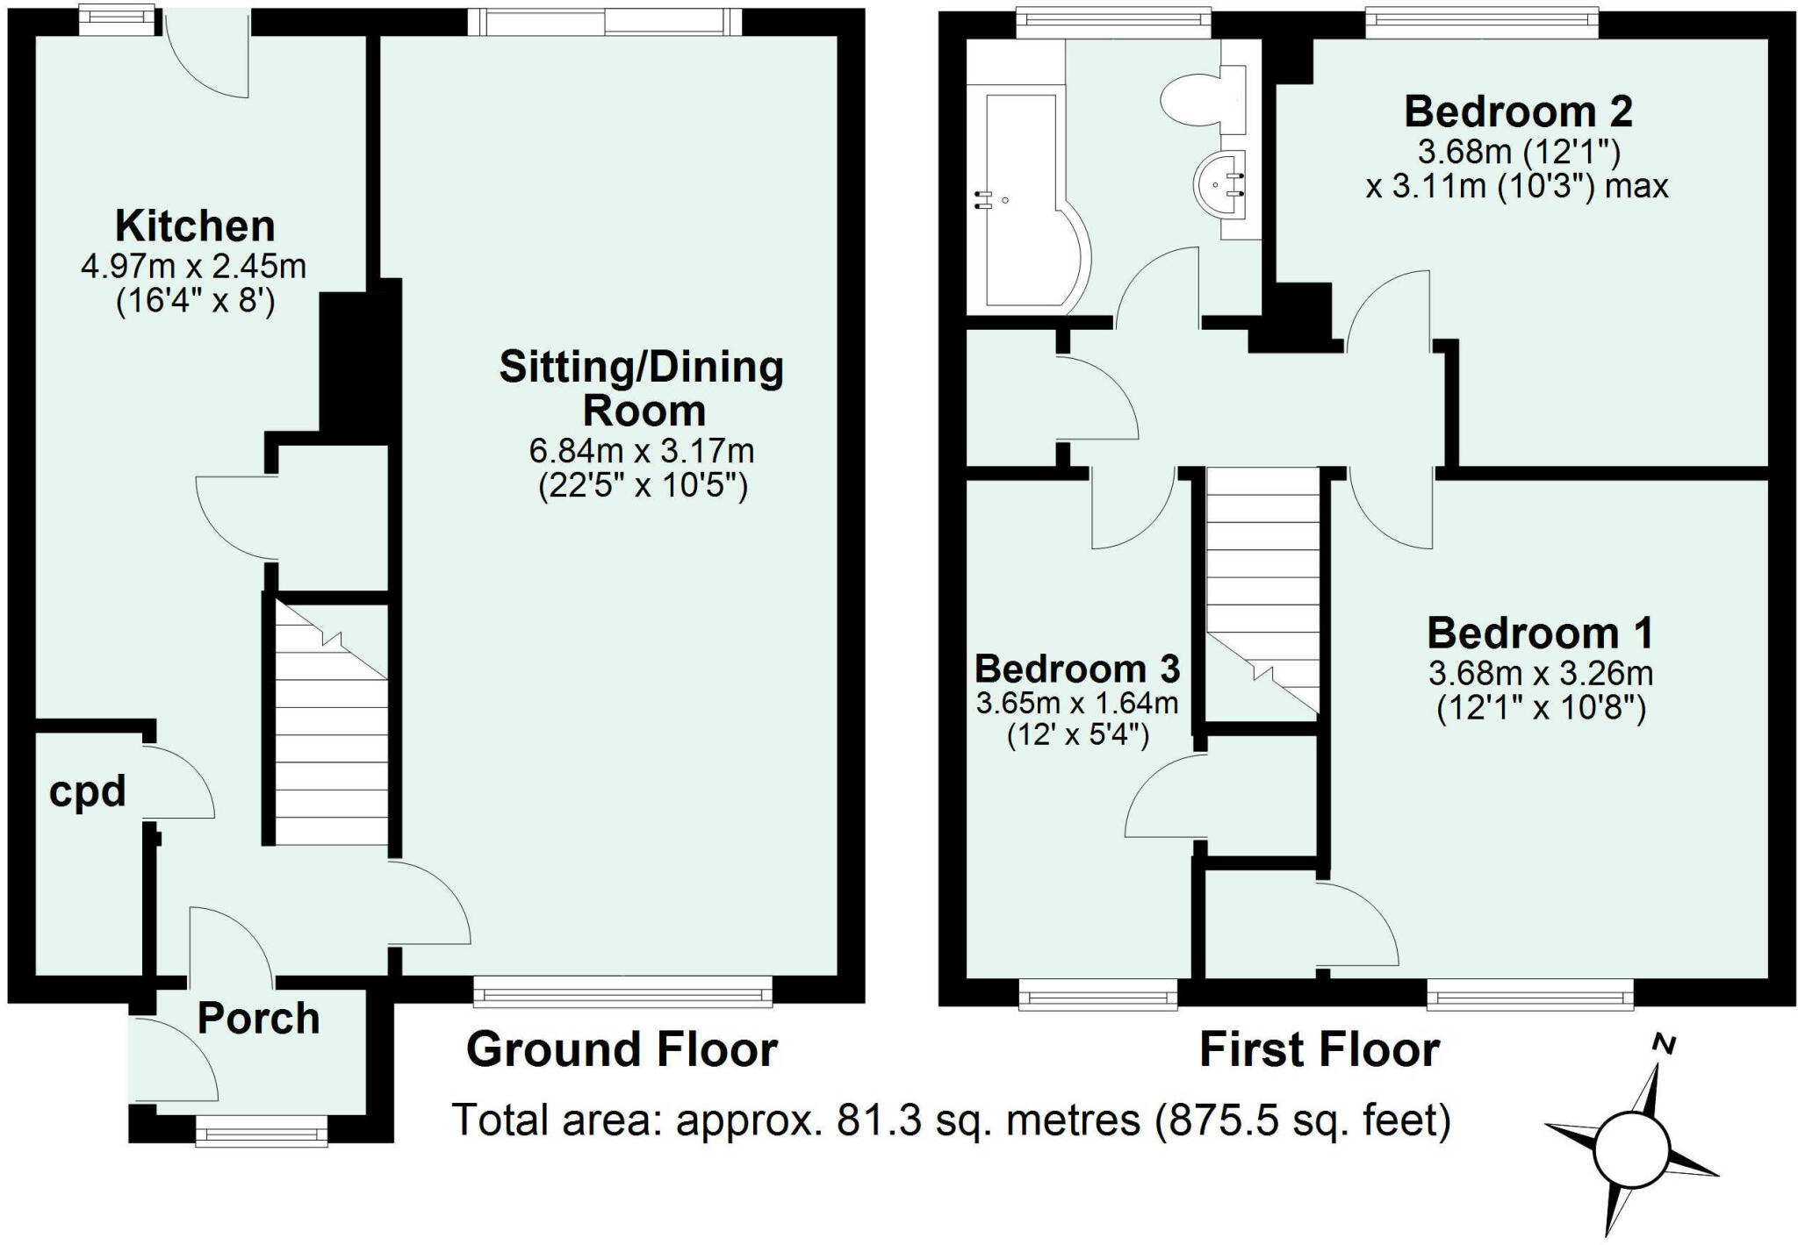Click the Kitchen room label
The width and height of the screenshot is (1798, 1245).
195,226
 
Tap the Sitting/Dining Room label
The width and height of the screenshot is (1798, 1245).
642,388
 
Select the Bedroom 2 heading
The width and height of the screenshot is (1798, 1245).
1519,112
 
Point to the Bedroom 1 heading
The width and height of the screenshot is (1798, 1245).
1541,633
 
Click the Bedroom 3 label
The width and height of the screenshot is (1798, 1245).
1077,669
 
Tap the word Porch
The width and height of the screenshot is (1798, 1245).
258,1018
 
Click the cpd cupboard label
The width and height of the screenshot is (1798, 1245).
88,792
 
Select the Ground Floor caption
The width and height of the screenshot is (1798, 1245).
622,1049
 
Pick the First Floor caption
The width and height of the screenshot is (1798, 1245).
1320,1050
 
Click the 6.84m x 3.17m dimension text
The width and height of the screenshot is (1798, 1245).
642,451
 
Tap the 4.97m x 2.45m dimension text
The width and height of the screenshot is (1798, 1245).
194,266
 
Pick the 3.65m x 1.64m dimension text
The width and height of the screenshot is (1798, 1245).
1077,703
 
